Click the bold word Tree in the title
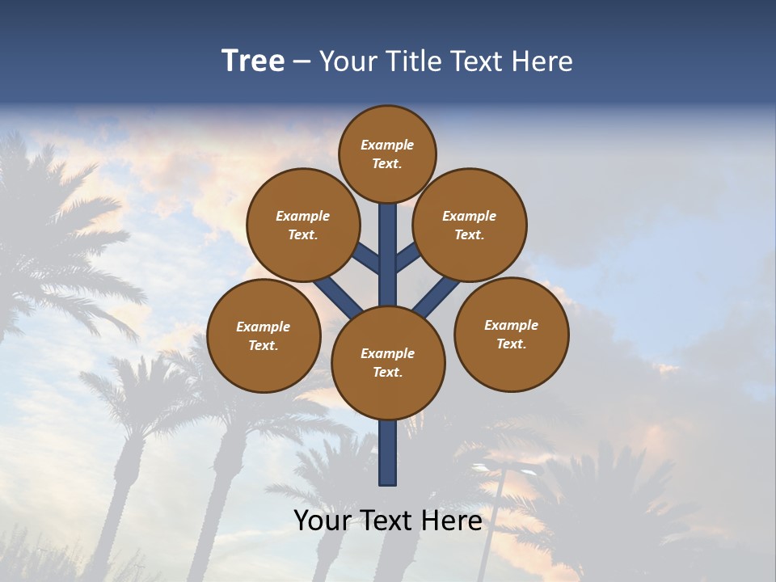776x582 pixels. (x=253, y=61)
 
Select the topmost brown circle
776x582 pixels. (x=387, y=154)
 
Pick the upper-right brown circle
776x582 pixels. (x=470, y=225)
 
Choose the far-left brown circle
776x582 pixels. (x=264, y=335)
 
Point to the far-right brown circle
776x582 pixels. (x=511, y=334)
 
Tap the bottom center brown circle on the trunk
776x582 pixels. (x=388, y=363)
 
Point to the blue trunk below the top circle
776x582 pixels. (x=388, y=242)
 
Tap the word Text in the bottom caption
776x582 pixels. (x=388, y=521)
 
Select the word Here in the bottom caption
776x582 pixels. (x=453, y=521)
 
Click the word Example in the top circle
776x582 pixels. (x=387, y=145)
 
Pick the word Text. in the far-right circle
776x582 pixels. (x=511, y=344)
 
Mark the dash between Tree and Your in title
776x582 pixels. (x=302, y=62)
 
